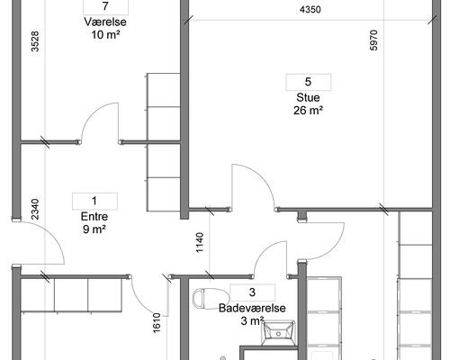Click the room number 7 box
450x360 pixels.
coord(105,6)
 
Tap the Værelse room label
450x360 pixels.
coord(105,22)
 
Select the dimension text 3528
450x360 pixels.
coord(35,41)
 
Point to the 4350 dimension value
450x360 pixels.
coord(310,10)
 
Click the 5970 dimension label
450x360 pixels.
coord(373,40)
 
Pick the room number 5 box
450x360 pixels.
coord(309,82)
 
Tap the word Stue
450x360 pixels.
coord(308,97)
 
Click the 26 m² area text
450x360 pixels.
coord(308,111)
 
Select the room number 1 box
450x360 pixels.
coord(94,201)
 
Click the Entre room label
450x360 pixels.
coord(94,217)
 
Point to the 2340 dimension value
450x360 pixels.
coord(35,209)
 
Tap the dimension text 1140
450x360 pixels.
coord(200,243)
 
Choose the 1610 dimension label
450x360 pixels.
coord(157,323)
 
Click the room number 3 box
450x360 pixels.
coord(252,292)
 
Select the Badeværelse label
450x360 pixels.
coord(252,308)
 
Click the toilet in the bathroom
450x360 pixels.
coord(211,299)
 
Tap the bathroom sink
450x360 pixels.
coord(278,333)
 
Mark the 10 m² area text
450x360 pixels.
coord(105,35)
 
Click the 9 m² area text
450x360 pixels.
coord(94,229)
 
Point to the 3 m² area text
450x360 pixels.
coord(252,321)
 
